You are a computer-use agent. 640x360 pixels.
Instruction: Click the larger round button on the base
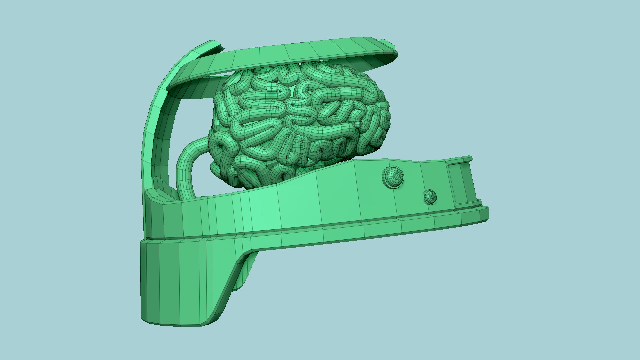click(x=392, y=177)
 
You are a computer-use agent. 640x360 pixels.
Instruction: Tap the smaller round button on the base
click(x=429, y=197)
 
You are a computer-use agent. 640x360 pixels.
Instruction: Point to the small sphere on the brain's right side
click(x=357, y=125)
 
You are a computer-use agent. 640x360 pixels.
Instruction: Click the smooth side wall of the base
click(x=300, y=203)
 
